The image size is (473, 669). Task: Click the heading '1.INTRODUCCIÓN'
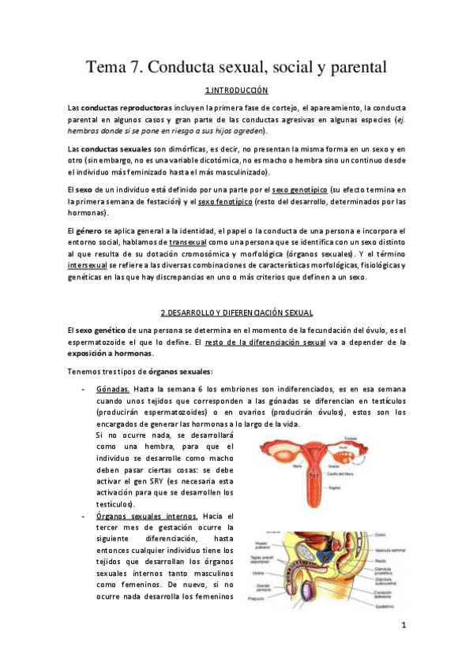point(236,91)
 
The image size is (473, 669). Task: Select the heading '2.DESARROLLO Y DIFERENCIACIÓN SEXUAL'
point(236,313)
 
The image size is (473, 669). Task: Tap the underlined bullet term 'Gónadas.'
point(113,390)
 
